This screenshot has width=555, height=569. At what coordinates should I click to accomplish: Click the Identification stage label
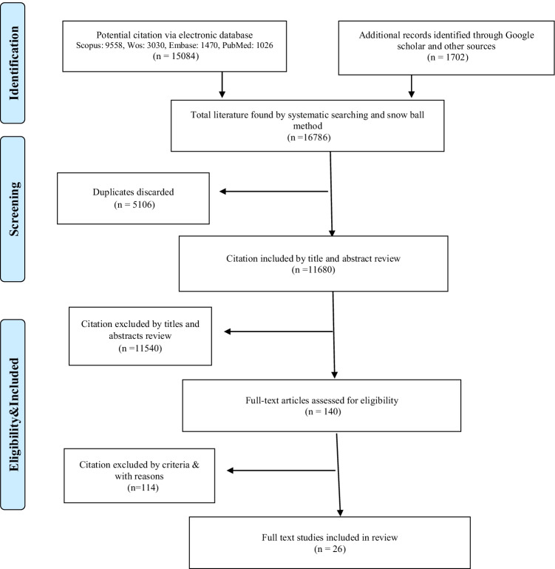[x=13, y=63]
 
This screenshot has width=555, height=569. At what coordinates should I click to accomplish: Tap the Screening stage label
[x=13, y=209]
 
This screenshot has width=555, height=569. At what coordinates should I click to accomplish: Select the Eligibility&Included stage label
[x=13, y=414]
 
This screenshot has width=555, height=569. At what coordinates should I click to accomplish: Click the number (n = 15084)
[x=176, y=56]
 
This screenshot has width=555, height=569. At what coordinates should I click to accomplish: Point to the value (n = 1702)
[x=448, y=57]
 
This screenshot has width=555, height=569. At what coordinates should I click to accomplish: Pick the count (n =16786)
[x=309, y=138]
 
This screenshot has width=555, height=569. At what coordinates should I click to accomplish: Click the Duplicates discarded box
[x=134, y=198]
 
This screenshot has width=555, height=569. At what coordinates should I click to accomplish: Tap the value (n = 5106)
[x=135, y=205]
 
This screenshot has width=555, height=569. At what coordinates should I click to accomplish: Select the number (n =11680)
[x=313, y=270]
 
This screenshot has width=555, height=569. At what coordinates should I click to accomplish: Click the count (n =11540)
[x=140, y=349]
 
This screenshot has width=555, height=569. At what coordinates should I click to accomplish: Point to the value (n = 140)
[x=323, y=411]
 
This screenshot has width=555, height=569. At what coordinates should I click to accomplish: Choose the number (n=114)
[x=143, y=488]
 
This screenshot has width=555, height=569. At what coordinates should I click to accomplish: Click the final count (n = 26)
[x=330, y=549]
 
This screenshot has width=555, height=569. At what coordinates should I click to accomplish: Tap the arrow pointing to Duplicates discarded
[x=273, y=191]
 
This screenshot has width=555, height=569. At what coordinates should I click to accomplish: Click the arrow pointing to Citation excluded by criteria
[x=282, y=471]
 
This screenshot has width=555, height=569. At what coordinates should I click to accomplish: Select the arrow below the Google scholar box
[x=412, y=87]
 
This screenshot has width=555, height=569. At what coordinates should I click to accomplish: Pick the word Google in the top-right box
[x=520, y=36]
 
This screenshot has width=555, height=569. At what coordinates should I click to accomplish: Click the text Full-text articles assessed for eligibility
[x=322, y=400]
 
